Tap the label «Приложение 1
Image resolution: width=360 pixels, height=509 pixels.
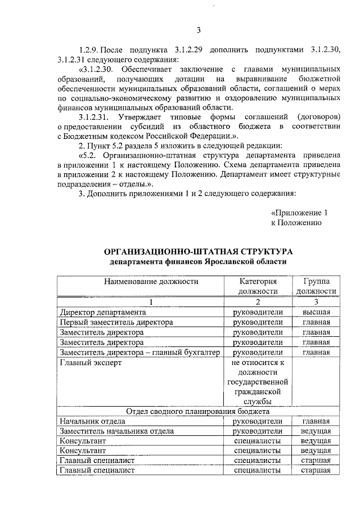[299, 213]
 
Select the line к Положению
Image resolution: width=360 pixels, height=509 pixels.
[296, 223]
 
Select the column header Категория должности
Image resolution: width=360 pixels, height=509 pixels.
[258, 286]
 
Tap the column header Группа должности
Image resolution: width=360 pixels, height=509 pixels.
[316, 286]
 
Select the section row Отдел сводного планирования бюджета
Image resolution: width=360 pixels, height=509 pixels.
[199, 411]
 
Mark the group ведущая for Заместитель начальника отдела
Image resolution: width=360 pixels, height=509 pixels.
[316, 431]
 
